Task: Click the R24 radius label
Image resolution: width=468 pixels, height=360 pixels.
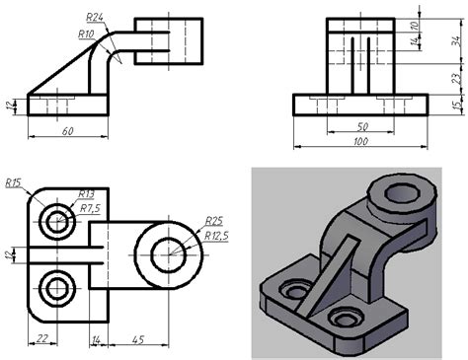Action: point(95,18)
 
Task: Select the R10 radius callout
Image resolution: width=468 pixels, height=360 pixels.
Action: point(86,34)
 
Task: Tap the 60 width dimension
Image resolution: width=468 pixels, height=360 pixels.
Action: point(67,131)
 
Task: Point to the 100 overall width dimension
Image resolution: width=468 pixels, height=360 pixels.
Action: point(360,142)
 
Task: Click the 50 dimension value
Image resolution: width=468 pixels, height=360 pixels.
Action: point(362,126)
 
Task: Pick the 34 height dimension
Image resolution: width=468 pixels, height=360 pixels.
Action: point(456,41)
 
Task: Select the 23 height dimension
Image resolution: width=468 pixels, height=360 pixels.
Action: point(456,79)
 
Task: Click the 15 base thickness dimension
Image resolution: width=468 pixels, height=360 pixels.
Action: point(457,106)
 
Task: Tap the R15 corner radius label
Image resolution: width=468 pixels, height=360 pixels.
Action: point(13,182)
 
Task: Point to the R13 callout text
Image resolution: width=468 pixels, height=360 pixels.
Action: point(86,194)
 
